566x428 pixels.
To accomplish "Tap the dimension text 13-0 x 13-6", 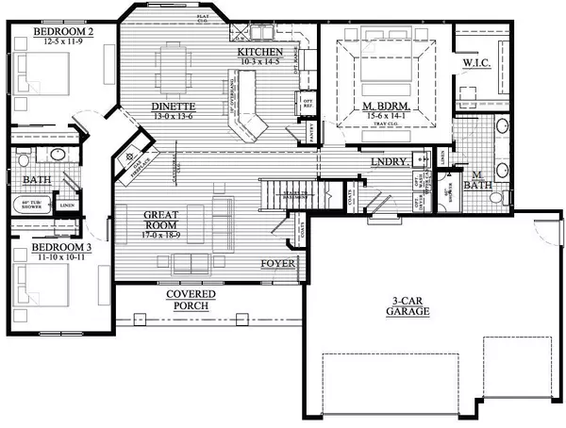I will [173, 118].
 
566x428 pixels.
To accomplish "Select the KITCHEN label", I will [259, 51].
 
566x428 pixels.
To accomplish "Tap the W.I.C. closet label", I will [474, 63].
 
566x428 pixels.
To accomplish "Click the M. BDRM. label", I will [381, 105].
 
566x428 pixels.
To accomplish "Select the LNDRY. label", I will [390, 161].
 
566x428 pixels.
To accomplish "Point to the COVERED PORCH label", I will [191, 301].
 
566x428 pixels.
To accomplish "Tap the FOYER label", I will [278, 265].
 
